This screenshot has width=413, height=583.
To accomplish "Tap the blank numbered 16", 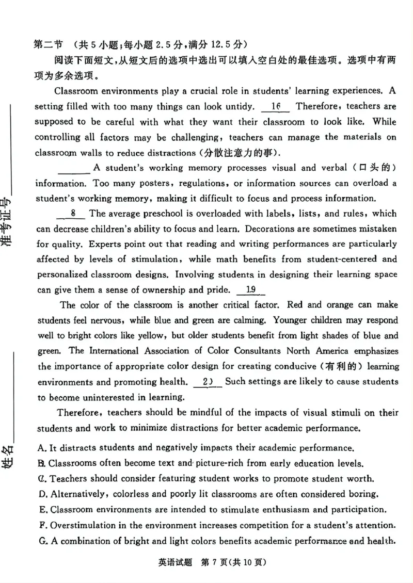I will tap(275, 107).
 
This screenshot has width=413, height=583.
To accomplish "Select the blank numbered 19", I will tap(251, 290).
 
